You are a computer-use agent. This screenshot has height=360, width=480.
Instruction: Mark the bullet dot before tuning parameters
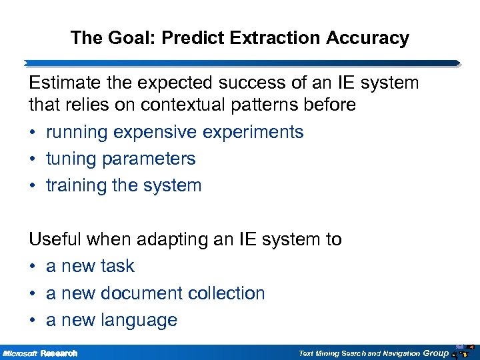click(x=33, y=159)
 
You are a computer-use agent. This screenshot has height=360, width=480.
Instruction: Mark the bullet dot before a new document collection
click(x=33, y=293)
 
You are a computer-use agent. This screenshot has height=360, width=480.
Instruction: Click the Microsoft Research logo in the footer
click(x=40, y=353)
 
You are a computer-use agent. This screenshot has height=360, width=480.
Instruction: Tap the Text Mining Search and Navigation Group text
click(x=373, y=353)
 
